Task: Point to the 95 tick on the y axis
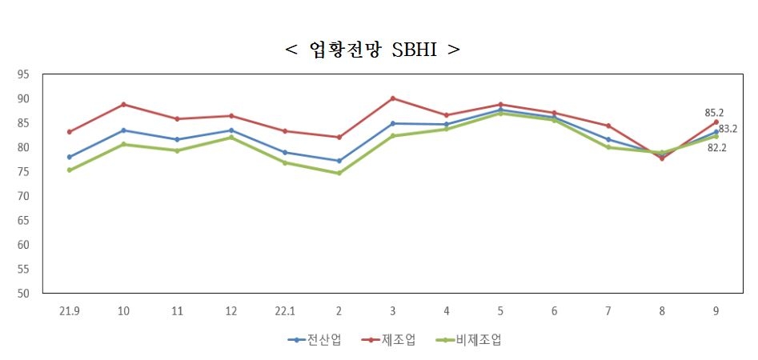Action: [x=23, y=74]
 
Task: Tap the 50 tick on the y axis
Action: [x=23, y=293]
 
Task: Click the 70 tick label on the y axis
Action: [x=23, y=196]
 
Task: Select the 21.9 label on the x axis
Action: [x=70, y=309]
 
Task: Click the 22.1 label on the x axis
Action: [x=285, y=309]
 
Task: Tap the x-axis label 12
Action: [x=231, y=309]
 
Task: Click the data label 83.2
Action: [x=728, y=128]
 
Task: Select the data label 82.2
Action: [x=716, y=148]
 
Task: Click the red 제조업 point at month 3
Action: [x=393, y=98]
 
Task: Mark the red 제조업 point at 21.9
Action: [x=70, y=132]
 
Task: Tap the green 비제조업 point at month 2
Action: [x=339, y=173]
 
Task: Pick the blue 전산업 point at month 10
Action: [x=123, y=130]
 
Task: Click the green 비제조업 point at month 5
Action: [x=501, y=113]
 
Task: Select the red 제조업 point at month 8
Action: [x=663, y=158]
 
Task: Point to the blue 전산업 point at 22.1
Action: [x=285, y=152]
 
